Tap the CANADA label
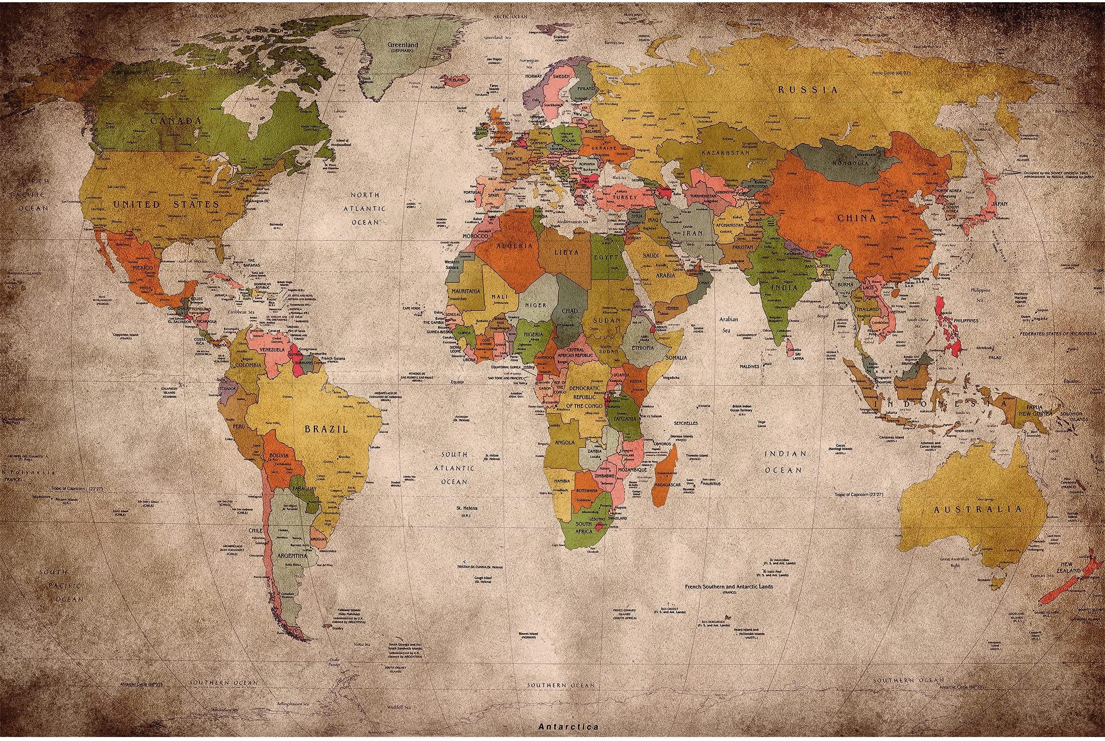176,121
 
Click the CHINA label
857,218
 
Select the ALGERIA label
514,246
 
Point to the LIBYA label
567,252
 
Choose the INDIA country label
784,287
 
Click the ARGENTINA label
292,556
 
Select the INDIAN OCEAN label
785,462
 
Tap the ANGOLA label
564,442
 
